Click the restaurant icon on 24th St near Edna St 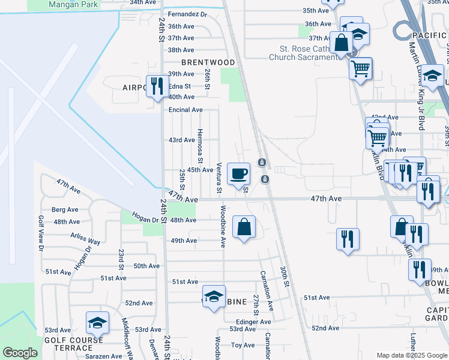click(x=157, y=85)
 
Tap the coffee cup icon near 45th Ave click(x=239, y=173)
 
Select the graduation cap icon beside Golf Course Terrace click(x=97, y=323)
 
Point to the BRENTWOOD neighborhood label click(x=209, y=62)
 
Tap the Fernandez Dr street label click(x=187, y=14)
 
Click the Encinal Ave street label click(x=185, y=110)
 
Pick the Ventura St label click(x=219, y=178)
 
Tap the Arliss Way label click(x=85, y=238)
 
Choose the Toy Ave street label click(x=243, y=345)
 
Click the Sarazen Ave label click(x=102, y=356)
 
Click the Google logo click(x=20, y=353)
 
